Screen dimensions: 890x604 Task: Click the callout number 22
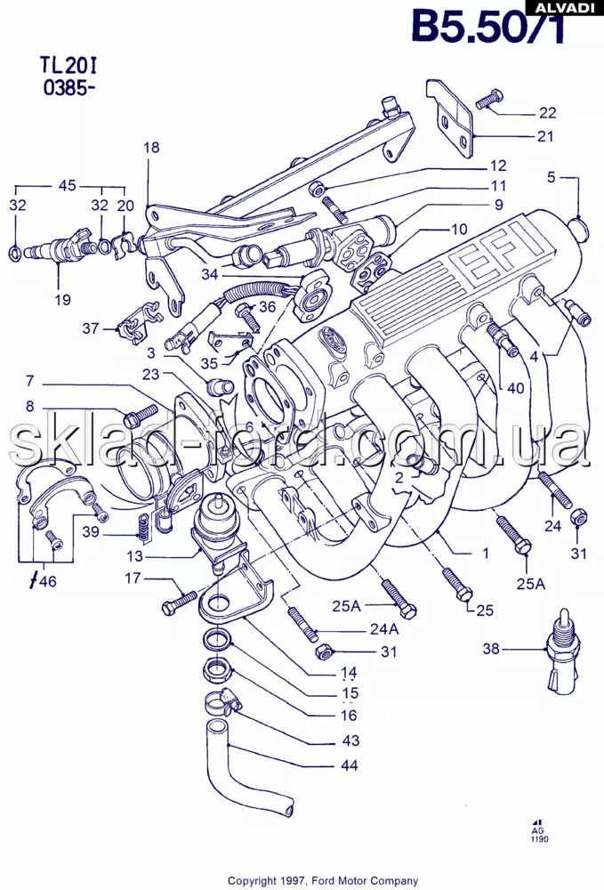tap(546, 112)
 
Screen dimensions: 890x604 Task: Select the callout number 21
tap(544, 136)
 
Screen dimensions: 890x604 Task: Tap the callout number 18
tap(152, 148)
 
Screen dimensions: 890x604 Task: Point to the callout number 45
tap(68, 186)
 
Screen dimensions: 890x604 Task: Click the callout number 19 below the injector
tap(61, 299)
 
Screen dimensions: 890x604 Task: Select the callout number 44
tap(350, 765)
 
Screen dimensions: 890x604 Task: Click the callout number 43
tap(350, 740)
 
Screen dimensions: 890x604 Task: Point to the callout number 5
tap(552, 177)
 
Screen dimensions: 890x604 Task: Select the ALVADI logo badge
tap(564, 7)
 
